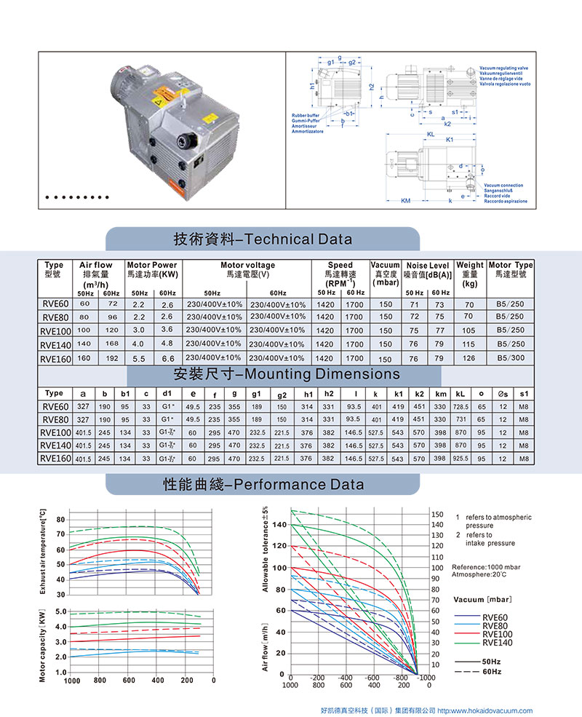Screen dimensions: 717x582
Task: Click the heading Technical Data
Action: tap(263, 239)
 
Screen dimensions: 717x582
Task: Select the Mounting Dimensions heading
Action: tap(286, 374)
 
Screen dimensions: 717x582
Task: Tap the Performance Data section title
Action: tap(263, 484)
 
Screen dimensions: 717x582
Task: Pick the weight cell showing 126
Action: tap(469, 358)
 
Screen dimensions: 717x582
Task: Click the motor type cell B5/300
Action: tap(510, 358)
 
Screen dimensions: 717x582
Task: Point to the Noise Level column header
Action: tap(428, 270)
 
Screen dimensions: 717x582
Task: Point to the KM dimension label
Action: tap(405, 202)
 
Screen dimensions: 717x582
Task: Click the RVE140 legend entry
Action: tap(497, 642)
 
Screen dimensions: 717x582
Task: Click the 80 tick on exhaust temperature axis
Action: tap(60, 520)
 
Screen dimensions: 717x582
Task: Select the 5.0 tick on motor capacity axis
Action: tap(60, 611)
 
